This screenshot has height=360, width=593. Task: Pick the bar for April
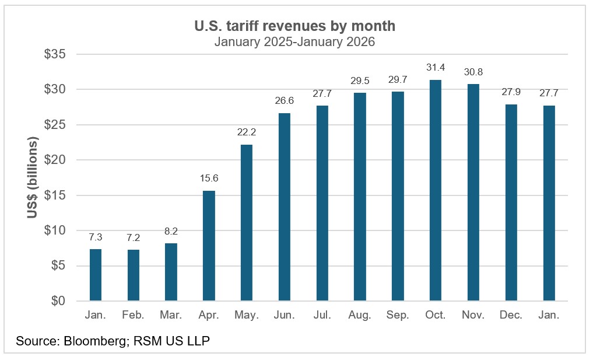tap(208, 246)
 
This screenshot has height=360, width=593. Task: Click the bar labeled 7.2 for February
tap(133, 275)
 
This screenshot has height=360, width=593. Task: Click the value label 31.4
tap(435, 68)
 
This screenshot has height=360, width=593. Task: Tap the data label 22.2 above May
tap(246, 133)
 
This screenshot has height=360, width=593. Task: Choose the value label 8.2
tap(170, 232)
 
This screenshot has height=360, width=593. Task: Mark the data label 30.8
tap(473, 72)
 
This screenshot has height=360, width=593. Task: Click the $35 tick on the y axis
tap(55, 54)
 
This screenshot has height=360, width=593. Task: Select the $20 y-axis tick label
tap(55, 160)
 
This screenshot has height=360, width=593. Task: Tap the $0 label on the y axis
tap(58, 301)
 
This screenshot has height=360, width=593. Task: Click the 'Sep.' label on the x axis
tap(397, 315)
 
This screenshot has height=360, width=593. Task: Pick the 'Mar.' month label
tap(170, 315)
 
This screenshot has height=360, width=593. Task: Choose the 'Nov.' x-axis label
tap(473, 315)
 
